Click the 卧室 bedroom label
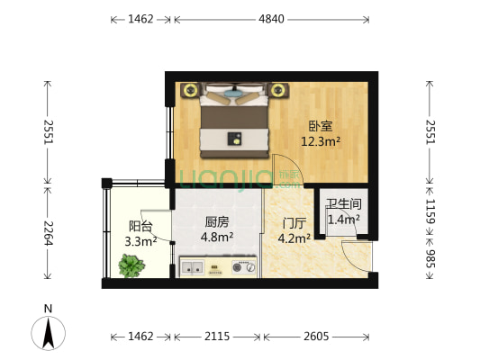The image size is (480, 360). pyautogui.click(x=320, y=126)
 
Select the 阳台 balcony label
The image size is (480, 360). pyautogui.click(x=140, y=227)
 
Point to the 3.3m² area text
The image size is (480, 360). pyautogui.click(x=140, y=240)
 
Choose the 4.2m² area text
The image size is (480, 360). pyautogui.click(x=294, y=238)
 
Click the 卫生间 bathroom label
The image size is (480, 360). pyautogui.click(x=343, y=205)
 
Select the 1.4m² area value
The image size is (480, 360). pyautogui.click(x=343, y=219)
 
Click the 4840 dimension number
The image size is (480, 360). pyautogui.click(x=271, y=19)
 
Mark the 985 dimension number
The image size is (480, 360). pyautogui.click(x=431, y=261)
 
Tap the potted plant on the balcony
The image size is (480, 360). pyautogui.click(x=131, y=265)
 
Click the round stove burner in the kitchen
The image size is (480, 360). pyautogui.click(x=240, y=266)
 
